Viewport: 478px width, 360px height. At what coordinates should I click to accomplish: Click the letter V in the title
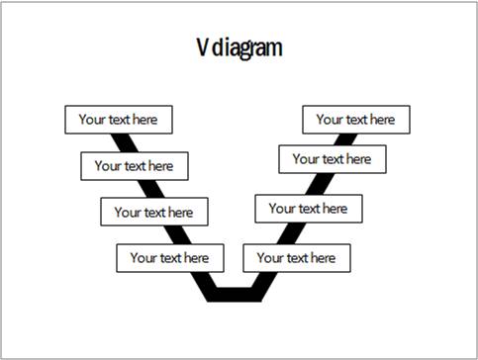point(201,47)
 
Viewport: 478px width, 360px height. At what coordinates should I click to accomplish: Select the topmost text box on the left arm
point(119,120)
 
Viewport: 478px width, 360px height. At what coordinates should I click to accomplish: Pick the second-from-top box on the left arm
point(135,165)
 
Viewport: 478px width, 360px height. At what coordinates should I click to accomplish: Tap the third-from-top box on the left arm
point(153,212)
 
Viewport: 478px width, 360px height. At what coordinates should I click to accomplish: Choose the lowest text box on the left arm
point(170,258)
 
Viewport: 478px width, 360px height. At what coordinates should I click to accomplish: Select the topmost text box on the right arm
point(355,120)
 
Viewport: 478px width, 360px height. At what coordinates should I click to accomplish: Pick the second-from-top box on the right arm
point(332,158)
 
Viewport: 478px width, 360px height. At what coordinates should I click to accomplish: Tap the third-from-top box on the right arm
point(309,209)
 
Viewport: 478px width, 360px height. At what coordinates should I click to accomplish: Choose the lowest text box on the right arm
point(296,258)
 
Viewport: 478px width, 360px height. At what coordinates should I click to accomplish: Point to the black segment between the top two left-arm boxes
point(125,141)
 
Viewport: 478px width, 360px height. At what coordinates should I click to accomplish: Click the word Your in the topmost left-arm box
point(92,120)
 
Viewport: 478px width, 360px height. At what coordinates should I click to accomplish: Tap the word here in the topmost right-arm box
point(382,120)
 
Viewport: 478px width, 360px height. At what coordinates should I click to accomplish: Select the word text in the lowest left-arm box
point(169,258)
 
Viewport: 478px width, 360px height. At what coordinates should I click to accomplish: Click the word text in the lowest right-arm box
point(296,258)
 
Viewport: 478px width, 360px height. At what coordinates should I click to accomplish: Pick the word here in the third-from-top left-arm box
point(180,212)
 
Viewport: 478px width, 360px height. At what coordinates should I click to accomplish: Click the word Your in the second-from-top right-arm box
point(305,158)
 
